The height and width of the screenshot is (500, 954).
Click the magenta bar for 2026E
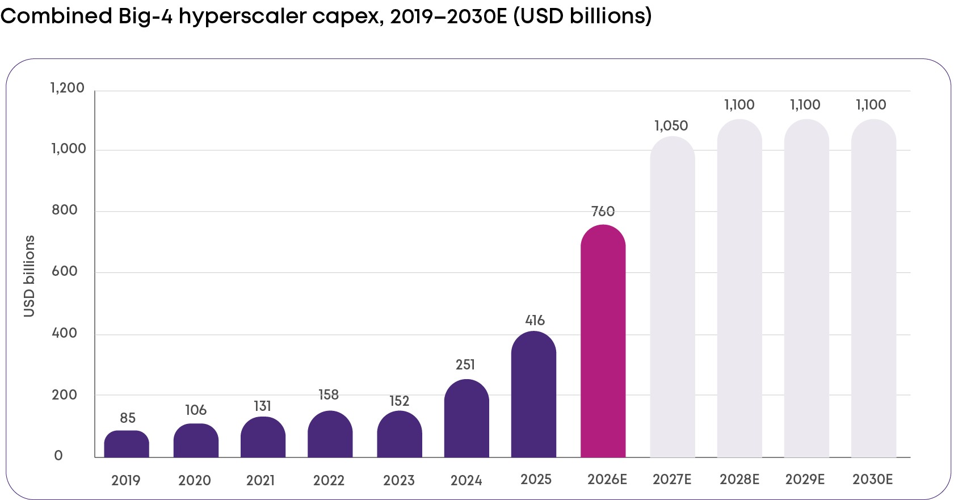click(x=603, y=341)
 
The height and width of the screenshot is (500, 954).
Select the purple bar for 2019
click(x=127, y=444)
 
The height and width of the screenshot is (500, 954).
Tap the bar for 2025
click(x=533, y=394)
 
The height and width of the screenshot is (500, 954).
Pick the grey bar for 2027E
click(x=673, y=297)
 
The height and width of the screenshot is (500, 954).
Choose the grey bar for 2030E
click(x=873, y=288)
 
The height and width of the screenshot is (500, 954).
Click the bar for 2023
click(x=400, y=434)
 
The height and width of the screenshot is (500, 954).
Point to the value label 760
click(x=603, y=211)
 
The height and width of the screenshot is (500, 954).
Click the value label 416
click(x=535, y=320)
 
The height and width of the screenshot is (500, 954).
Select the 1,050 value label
click(x=671, y=125)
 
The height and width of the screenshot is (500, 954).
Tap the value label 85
click(x=128, y=418)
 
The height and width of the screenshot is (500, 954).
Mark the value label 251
click(x=465, y=364)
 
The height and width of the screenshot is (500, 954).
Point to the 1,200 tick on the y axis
click(x=68, y=88)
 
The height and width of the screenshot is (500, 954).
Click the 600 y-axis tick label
click(x=64, y=271)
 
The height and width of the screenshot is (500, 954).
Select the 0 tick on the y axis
click(x=58, y=455)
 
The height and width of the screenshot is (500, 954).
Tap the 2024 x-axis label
click(x=467, y=480)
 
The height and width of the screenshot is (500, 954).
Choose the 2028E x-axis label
click(x=740, y=480)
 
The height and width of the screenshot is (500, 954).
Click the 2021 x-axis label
click(x=260, y=480)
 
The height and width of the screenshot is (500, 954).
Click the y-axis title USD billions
click(x=29, y=276)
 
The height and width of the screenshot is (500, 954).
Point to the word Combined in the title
click(x=56, y=16)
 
